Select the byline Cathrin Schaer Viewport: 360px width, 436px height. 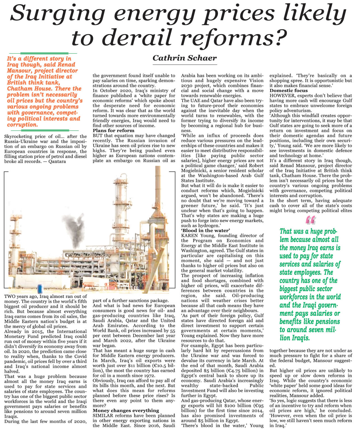pyautogui.click(x=185, y=58)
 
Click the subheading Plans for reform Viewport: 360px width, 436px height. pyautogui.click(x=113, y=130)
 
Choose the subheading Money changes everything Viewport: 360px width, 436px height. pyautogui.click(x=126, y=411)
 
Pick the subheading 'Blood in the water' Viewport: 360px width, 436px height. pyautogui.click(x=205, y=230)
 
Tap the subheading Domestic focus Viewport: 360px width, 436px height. pyautogui.click(x=289, y=90)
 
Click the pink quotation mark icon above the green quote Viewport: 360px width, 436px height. pyautogui.click(x=310, y=220)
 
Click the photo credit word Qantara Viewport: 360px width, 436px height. pyautogui.click(x=57, y=161)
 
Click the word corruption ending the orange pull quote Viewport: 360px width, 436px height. pyautogui.click(x=22, y=125)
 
